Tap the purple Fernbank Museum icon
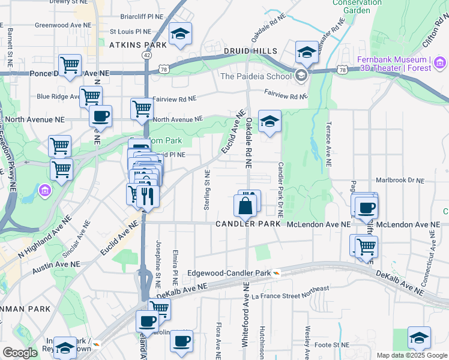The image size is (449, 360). (439, 62)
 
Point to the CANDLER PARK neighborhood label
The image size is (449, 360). (248, 224)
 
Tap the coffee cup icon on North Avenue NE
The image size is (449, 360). (100, 115)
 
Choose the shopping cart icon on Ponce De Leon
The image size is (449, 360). (70, 65)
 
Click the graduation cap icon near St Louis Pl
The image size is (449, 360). (179, 35)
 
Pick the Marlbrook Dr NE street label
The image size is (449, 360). (399, 180)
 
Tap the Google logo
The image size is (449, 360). (20, 353)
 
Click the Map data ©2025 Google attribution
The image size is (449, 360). (411, 355)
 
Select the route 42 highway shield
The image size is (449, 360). (146, 55)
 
